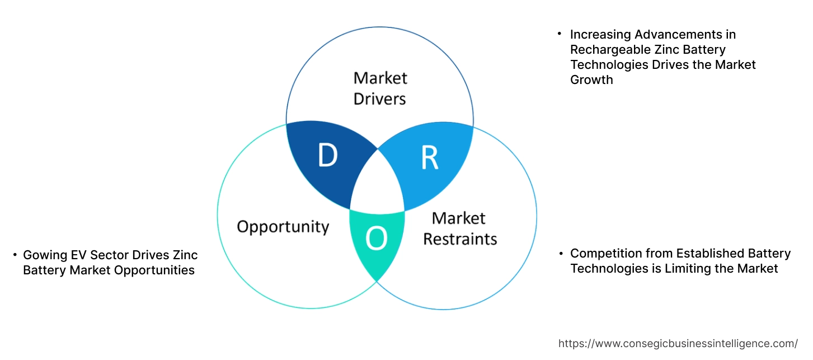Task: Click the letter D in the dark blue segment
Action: [x=327, y=156]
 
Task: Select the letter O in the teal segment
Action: [x=376, y=240]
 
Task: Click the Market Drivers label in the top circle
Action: [x=380, y=88]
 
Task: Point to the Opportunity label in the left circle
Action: [x=283, y=227]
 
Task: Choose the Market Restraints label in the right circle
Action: [x=459, y=228]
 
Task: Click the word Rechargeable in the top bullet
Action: [x=605, y=50]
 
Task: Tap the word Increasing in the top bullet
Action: [x=599, y=35]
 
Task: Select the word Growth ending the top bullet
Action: [x=591, y=80]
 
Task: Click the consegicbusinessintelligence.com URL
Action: [x=678, y=343]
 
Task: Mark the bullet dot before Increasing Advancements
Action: [x=559, y=34]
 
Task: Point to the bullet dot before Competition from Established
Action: [x=561, y=254]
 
